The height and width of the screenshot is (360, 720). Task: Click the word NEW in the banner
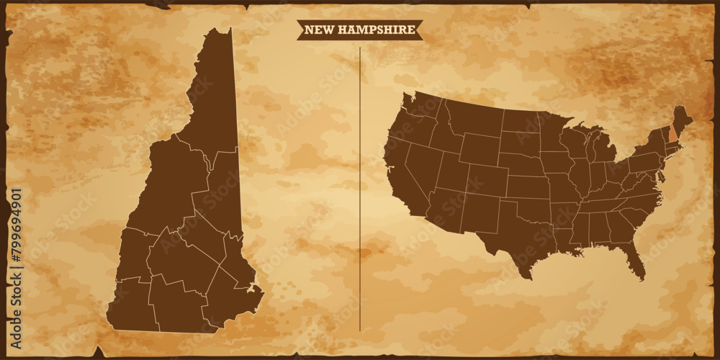[318, 30]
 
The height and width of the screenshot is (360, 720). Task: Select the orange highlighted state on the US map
[673, 133]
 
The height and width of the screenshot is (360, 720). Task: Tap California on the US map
[400, 173]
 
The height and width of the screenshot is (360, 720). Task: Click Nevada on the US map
[421, 162]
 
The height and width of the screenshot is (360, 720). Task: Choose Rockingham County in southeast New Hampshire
[230, 295]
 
